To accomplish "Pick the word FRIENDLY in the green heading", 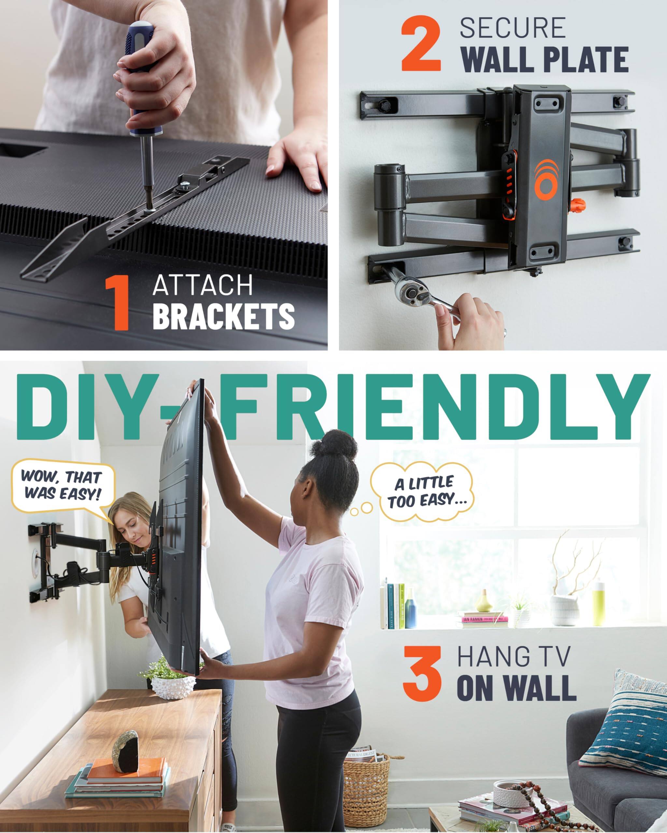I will [437, 408].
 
